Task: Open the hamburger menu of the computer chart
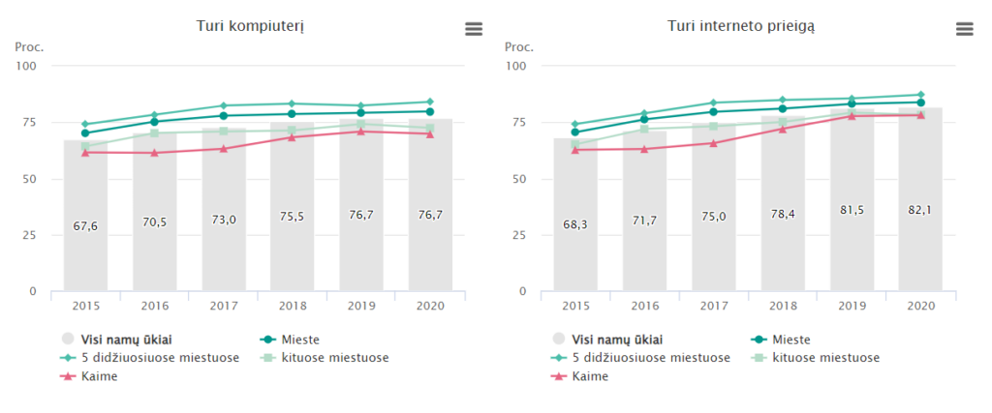coord(474,29)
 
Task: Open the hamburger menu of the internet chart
coord(964,29)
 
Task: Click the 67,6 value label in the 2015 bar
coord(85,226)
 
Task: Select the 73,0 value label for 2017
coord(223,220)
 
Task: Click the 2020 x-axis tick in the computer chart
coord(430,306)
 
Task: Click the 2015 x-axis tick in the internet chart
coord(575,306)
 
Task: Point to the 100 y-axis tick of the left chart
coord(26,66)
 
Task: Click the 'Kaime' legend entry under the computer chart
coord(107,376)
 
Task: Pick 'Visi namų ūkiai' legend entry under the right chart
coord(610,339)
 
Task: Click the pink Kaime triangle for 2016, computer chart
coord(154,152)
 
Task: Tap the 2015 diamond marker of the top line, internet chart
coord(575,124)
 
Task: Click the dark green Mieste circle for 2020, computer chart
coord(430,111)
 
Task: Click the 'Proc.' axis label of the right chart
coord(519,46)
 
